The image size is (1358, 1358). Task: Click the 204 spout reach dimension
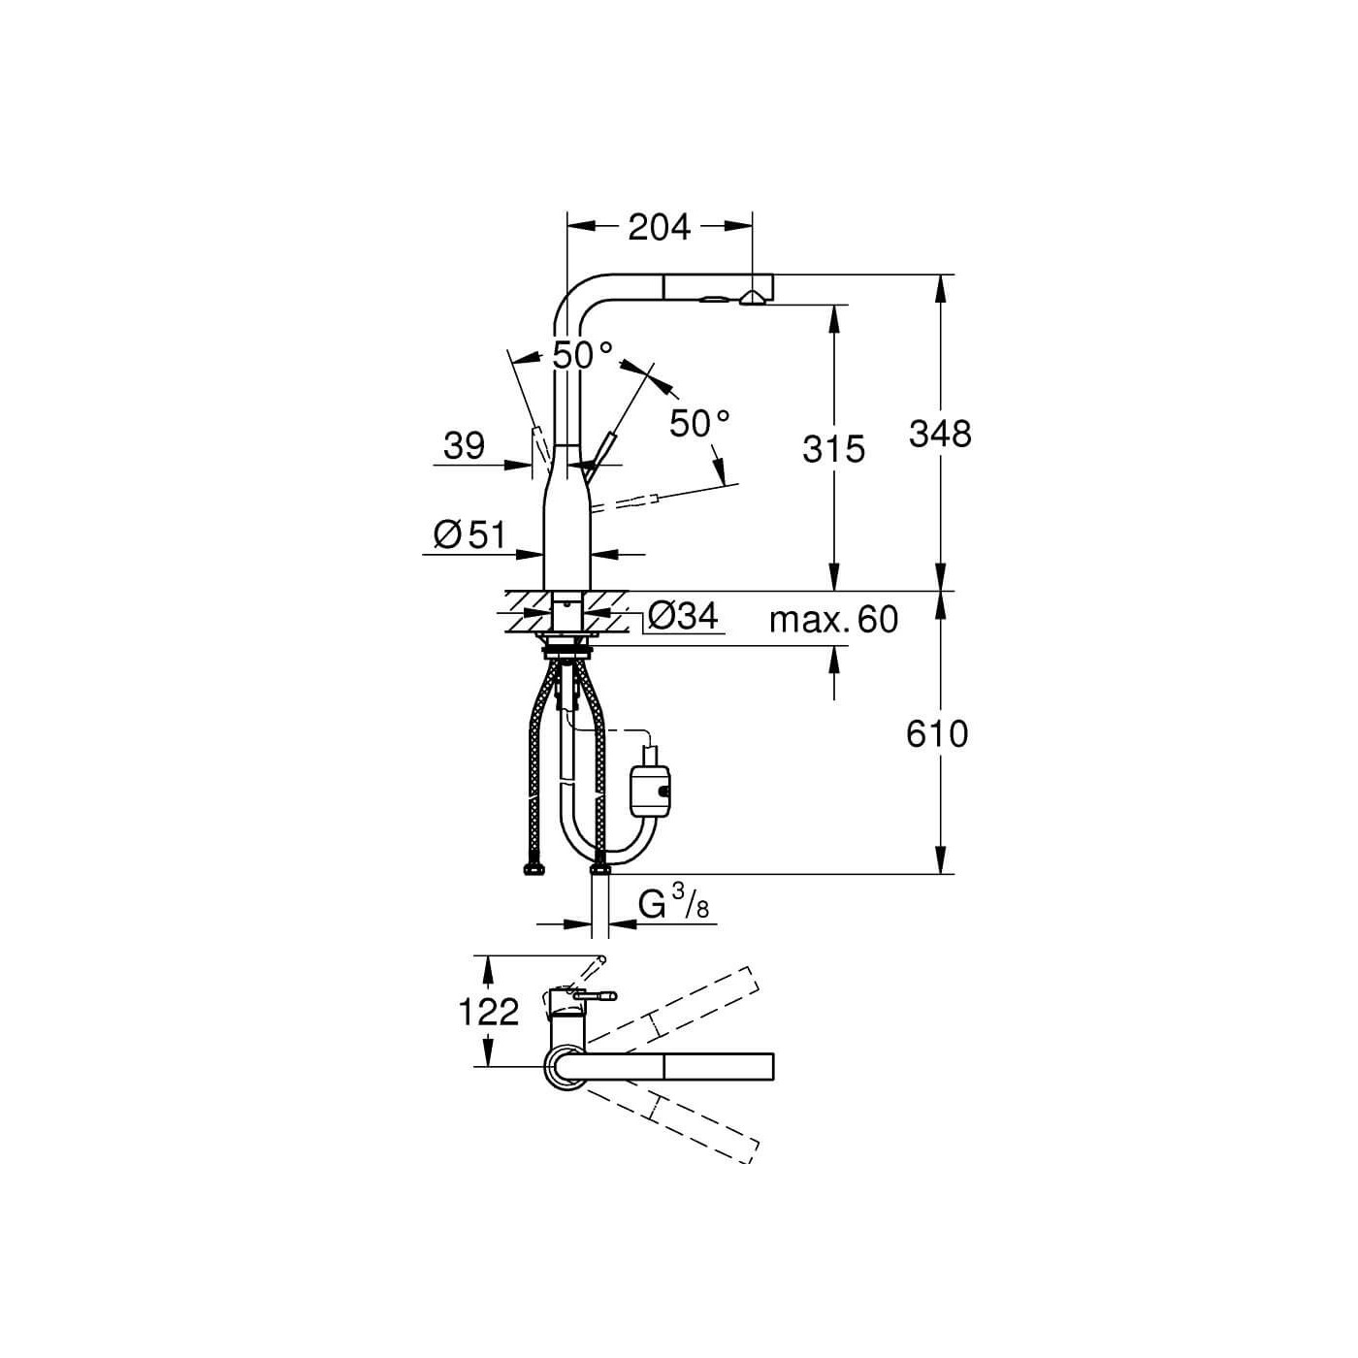coord(659,227)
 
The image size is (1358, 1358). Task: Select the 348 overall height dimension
coord(939,433)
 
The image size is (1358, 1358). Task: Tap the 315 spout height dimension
coord(833,448)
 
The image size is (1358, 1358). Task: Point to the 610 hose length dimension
coord(936,733)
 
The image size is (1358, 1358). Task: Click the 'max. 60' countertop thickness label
coord(833,619)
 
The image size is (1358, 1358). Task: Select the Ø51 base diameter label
coord(469,534)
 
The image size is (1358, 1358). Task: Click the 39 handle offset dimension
coord(464,445)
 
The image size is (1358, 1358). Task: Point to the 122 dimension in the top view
coord(488,1012)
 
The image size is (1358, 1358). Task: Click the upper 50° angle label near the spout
coord(582,355)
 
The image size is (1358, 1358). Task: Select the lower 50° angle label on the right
coord(699,423)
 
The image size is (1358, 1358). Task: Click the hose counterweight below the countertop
coord(651,788)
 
